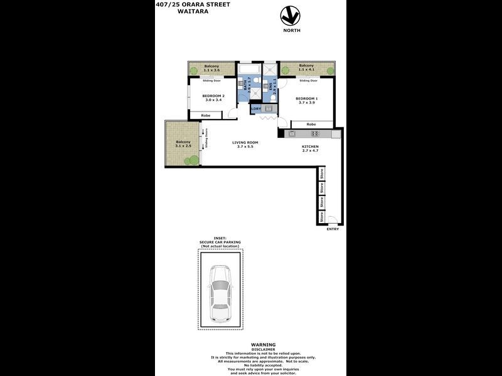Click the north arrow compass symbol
click(x=289, y=15)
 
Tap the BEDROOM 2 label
click(x=213, y=98)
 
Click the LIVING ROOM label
click(x=245, y=144)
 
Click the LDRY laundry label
click(x=256, y=109)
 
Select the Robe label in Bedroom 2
click(x=205, y=115)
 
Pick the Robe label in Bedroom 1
click(x=311, y=124)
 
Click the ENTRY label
click(x=333, y=229)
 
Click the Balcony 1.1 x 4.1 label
click(x=306, y=67)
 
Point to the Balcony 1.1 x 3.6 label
click(x=211, y=67)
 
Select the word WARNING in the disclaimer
click(x=264, y=345)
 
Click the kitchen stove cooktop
click(x=315, y=133)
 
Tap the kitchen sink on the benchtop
click(x=292, y=133)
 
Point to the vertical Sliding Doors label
click(x=206, y=139)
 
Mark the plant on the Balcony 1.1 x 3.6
click(x=194, y=70)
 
